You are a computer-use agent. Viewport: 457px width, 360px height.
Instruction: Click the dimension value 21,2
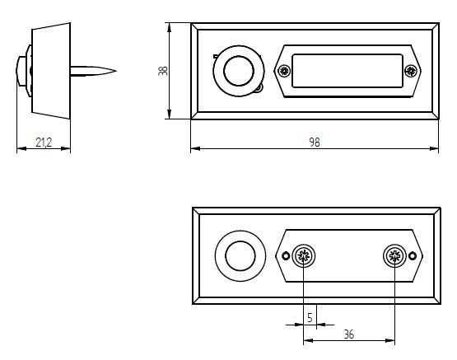click(x=44, y=143)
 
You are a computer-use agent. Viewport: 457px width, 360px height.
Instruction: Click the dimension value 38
click(x=163, y=71)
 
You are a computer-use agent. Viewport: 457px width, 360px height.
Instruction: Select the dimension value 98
click(x=315, y=143)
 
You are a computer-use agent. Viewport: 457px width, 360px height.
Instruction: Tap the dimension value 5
click(x=310, y=317)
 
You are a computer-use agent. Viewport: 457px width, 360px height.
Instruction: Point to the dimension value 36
click(x=349, y=334)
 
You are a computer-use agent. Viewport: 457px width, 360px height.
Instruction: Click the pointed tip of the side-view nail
click(x=116, y=71)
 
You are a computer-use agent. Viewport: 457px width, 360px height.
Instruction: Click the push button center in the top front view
click(x=239, y=71)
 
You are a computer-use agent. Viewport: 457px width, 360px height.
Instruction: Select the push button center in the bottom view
click(x=240, y=256)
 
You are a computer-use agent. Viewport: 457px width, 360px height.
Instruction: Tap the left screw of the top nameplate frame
click(x=284, y=71)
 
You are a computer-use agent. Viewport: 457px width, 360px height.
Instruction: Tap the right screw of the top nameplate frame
click(x=410, y=71)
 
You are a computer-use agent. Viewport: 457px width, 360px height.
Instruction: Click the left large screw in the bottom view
click(x=304, y=256)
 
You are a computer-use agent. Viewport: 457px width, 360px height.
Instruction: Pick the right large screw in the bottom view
click(x=394, y=256)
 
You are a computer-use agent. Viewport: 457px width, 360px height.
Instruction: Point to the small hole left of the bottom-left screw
click(x=286, y=256)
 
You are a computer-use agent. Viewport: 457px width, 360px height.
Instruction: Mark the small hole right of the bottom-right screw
click(x=413, y=256)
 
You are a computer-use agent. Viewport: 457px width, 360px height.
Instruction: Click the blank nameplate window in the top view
click(x=347, y=71)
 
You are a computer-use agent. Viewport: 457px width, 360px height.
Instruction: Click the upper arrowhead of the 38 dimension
click(x=170, y=27)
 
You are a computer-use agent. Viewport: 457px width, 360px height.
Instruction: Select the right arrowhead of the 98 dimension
click(x=434, y=148)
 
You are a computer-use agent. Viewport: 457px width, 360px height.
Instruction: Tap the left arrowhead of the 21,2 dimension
click(x=21, y=148)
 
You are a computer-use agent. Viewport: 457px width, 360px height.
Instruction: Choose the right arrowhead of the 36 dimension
click(x=390, y=340)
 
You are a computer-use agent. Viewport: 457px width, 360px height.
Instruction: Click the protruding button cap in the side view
click(x=21, y=71)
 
